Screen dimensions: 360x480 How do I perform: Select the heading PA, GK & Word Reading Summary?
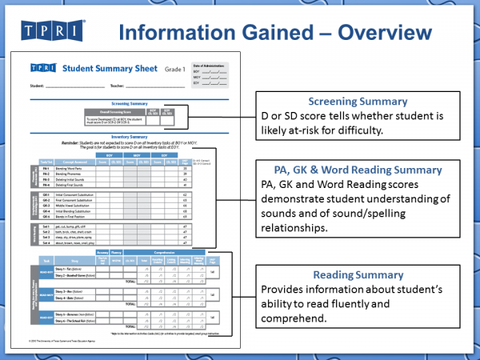click(357, 170)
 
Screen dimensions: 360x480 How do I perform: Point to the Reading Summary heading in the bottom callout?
click(357, 274)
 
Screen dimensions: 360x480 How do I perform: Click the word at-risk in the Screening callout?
click(307, 130)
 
